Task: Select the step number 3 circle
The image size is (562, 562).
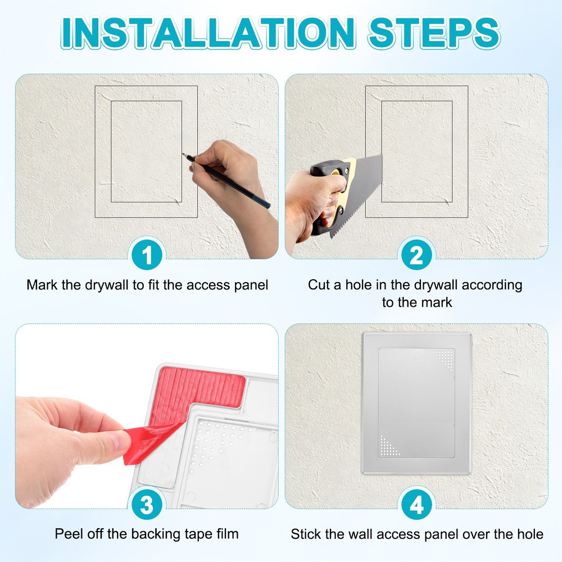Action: tap(147, 505)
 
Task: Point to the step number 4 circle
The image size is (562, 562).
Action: tap(416, 505)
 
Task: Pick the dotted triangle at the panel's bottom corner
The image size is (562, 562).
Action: tap(389, 445)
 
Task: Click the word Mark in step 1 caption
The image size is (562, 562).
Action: tap(41, 285)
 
